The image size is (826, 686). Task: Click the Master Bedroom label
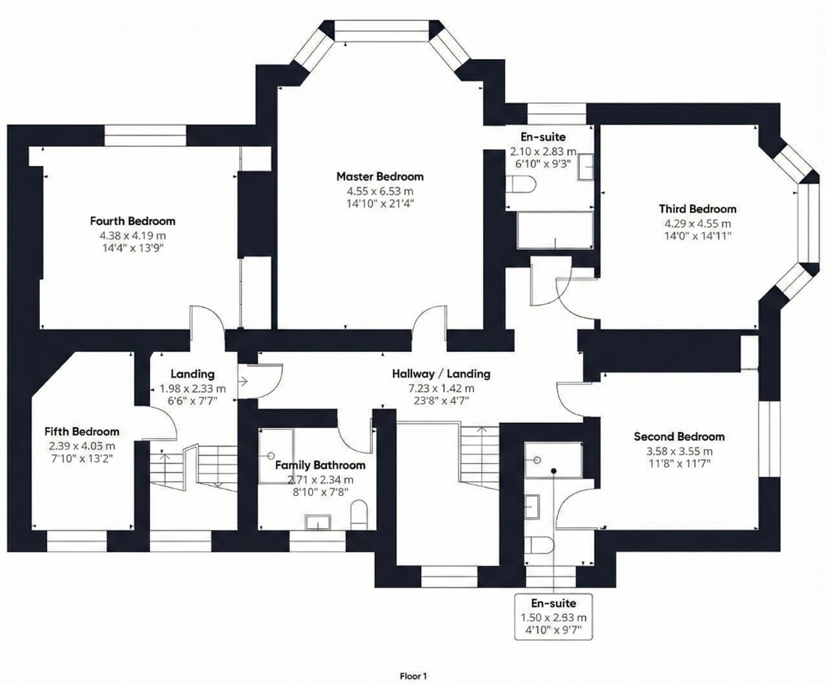point(379,177)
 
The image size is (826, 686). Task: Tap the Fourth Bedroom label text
point(132,221)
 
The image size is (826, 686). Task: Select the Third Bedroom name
point(697,209)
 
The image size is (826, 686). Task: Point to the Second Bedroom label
point(679,436)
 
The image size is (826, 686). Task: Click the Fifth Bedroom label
point(81,432)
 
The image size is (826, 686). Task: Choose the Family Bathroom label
point(320,466)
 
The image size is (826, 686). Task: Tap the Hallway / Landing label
point(440,374)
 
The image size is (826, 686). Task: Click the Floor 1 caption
point(414,676)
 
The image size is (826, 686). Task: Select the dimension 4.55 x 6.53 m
point(379,191)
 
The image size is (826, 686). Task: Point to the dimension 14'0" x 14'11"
point(697,236)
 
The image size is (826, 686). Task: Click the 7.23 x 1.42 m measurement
point(440,388)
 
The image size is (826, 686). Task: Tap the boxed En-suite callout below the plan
point(553,616)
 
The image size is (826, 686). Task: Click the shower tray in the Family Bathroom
point(276,455)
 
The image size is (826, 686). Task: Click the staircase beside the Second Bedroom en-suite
point(480,457)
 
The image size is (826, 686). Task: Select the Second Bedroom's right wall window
point(769,439)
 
